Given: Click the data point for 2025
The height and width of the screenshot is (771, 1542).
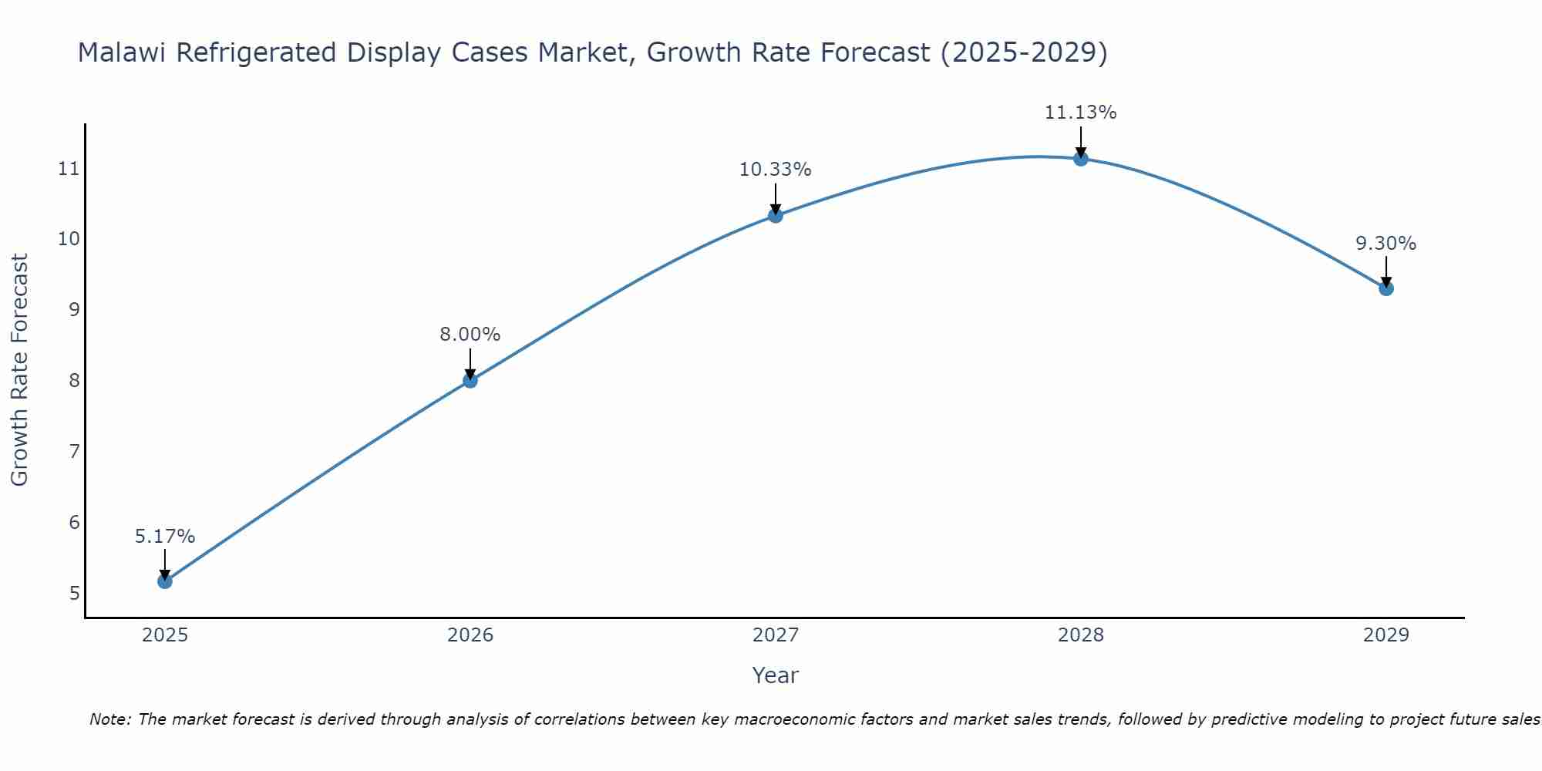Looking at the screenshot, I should click(165, 581).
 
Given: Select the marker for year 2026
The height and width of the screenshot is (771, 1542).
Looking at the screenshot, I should click(470, 380).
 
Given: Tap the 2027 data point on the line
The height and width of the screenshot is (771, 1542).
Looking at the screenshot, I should click(776, 215).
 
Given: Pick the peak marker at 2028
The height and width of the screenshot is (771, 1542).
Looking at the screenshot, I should click(1081, 158).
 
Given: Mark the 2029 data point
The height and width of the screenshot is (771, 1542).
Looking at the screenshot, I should click(1386, 288).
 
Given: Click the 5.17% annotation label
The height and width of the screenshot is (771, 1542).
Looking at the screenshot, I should click(165, 537).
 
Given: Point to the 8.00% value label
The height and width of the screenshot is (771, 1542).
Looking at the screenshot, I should click(470, 335).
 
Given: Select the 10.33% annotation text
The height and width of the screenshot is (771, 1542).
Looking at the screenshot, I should click(776, 170).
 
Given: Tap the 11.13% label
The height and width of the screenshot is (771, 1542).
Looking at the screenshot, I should click(1081, 113).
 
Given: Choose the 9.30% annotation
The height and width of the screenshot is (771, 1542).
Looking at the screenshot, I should click(1386, 244).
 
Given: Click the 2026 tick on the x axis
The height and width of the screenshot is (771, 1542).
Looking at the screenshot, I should click(470, 635).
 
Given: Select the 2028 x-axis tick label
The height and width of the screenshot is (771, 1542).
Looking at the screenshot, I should click(1081, 635).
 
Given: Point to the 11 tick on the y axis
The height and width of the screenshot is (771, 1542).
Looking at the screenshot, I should click(69, 168).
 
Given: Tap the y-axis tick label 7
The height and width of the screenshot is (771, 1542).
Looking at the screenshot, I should click(74, 451).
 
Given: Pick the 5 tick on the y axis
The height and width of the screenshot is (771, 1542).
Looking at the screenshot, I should click(74, 593).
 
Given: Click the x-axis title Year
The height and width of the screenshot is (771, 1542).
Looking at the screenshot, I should click(776, 675).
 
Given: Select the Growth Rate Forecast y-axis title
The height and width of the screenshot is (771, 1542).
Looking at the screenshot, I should click(19, 370).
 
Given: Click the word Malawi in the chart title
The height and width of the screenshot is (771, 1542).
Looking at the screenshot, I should click(123, 52).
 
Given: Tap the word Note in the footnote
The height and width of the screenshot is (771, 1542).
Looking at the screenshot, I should click(109, 719).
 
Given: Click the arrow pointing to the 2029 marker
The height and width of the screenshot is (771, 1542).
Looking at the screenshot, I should click(1386, 271).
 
